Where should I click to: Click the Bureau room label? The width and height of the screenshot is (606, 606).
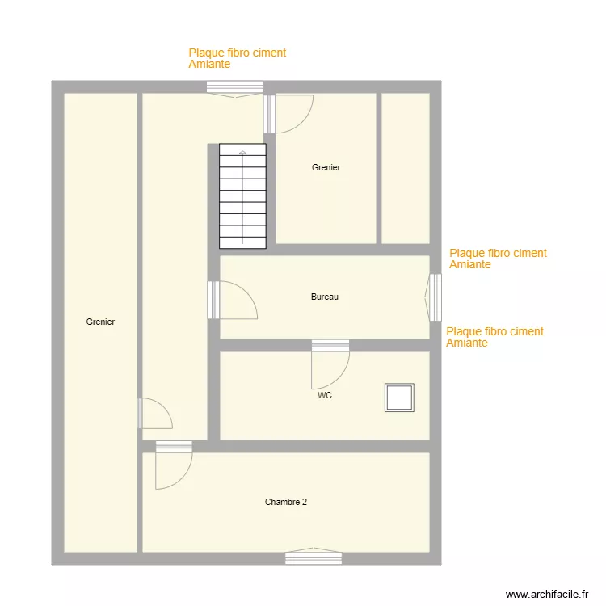[x=324, y=297]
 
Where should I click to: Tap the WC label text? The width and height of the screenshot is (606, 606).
[x=325, y=396]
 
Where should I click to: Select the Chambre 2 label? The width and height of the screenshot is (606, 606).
[x=286, y=503]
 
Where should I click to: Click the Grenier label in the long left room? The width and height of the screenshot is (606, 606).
[x=100, y=322]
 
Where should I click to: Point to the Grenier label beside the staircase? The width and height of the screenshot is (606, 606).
[x=326, y=168]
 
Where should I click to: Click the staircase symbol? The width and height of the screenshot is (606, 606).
[x=242, y=196]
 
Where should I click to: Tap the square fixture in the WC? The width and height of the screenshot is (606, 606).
[x=399, y=398]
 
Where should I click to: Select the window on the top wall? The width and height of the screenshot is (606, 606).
[x=234, y=87]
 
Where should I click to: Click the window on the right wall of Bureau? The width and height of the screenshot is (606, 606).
[x=435, y=297]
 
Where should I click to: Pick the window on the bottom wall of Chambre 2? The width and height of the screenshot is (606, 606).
[x=314, y=558]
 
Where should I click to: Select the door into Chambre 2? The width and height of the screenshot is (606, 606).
[x=174, y=466]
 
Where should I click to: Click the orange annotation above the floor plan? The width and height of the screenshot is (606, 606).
[x=237, y=58]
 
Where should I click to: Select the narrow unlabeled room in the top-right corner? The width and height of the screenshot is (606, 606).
[x=405, y=168]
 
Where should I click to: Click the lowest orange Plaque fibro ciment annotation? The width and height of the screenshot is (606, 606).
[x=494, y=337]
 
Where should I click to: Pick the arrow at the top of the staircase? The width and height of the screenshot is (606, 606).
[x=242, y=152]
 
